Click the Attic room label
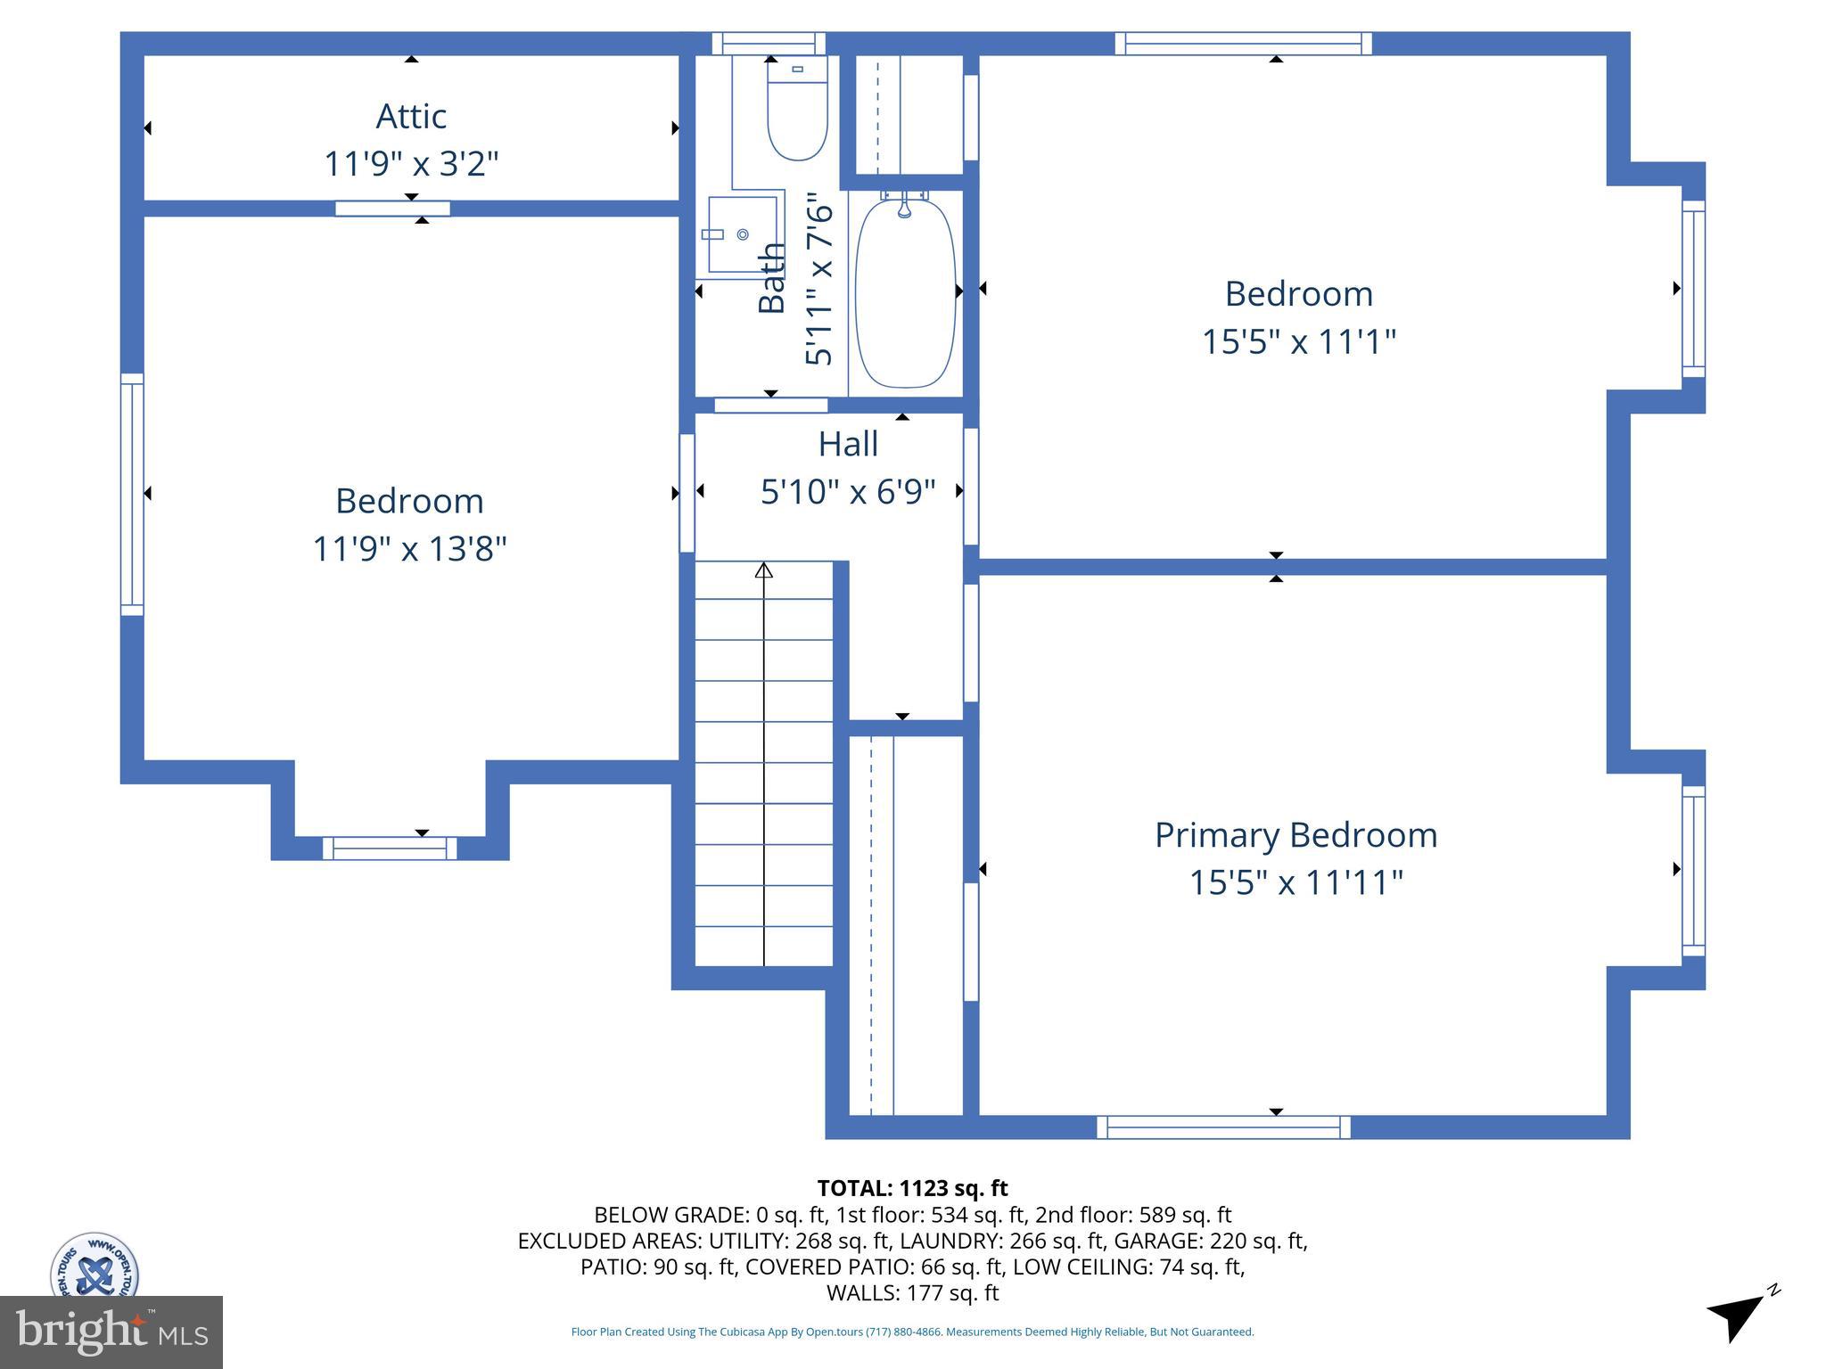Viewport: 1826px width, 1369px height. (x=411, y=116)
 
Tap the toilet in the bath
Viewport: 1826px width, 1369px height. (x=797, y=111)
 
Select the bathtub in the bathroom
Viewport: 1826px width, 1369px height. (x=905, y=293)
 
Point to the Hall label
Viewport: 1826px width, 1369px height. (x=848, y=444)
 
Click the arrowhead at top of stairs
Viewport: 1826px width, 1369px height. (x=763, y=570)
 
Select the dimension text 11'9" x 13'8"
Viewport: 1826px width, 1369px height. (x=409, y=548)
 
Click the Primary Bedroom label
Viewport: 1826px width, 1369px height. (x=1295, y=835)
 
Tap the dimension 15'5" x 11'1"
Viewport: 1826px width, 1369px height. (x=1298, y=341)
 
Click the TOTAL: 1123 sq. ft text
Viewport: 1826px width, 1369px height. (x=912, y=1188)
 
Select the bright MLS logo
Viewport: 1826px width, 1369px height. (x=111, y=1332)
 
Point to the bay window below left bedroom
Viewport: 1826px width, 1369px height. (x=390, y=848)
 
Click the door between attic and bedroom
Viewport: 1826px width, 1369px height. (x=392, y=209)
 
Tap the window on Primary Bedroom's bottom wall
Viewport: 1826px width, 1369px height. (x=1222, y=1127)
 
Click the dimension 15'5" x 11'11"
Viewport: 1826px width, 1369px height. (x=1295, y=882)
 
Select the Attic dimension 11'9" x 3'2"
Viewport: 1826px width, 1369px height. (x=411, y=164)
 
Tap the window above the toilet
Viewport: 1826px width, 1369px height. (x=769, y=44)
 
